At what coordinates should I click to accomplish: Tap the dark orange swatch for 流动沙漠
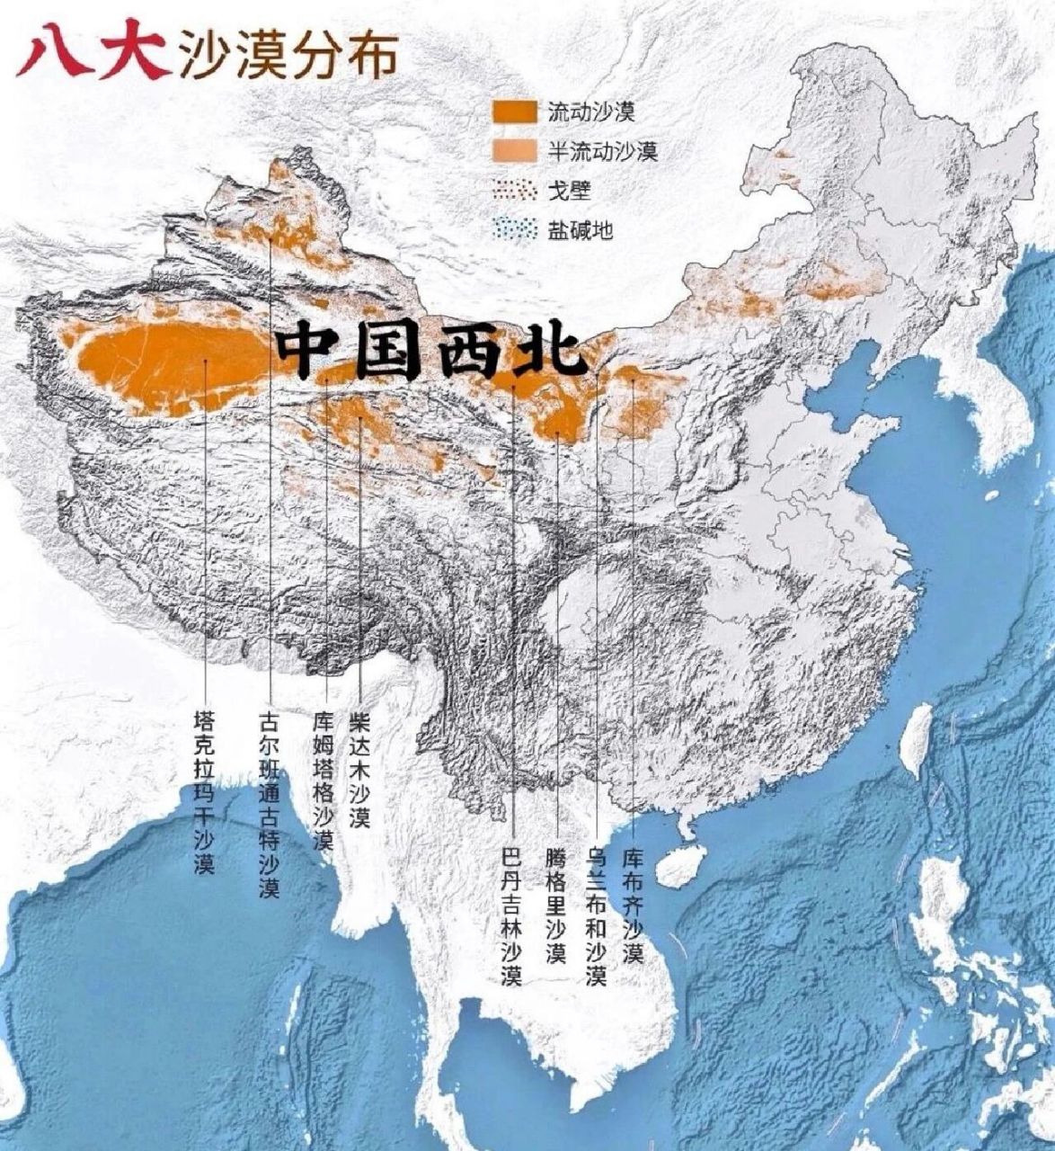tap(515, 112)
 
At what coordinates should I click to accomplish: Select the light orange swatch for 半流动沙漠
tap(515, 151)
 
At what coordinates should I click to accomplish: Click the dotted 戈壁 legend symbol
tap(515, 190)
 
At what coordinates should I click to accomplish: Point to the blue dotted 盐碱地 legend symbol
tap(515, 229)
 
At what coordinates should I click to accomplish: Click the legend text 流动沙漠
tap(591, 112)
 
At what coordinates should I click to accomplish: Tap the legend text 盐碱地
tap(580, 230)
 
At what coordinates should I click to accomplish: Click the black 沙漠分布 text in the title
tap(288, 51)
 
